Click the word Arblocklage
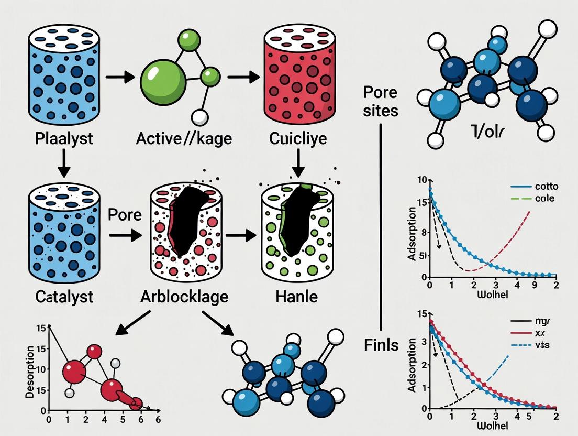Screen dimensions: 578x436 pos(184,297)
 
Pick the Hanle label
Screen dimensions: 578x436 pos(296,297)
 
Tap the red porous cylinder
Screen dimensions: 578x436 pos(297,73)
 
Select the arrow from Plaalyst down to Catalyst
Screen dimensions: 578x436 pos(63,164)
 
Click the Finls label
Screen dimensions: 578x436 pos(381,345)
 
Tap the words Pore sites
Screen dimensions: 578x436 pos(381,102)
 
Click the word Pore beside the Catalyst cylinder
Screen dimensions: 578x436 pos(125,215)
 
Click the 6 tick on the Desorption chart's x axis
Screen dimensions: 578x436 pos(157,419)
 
